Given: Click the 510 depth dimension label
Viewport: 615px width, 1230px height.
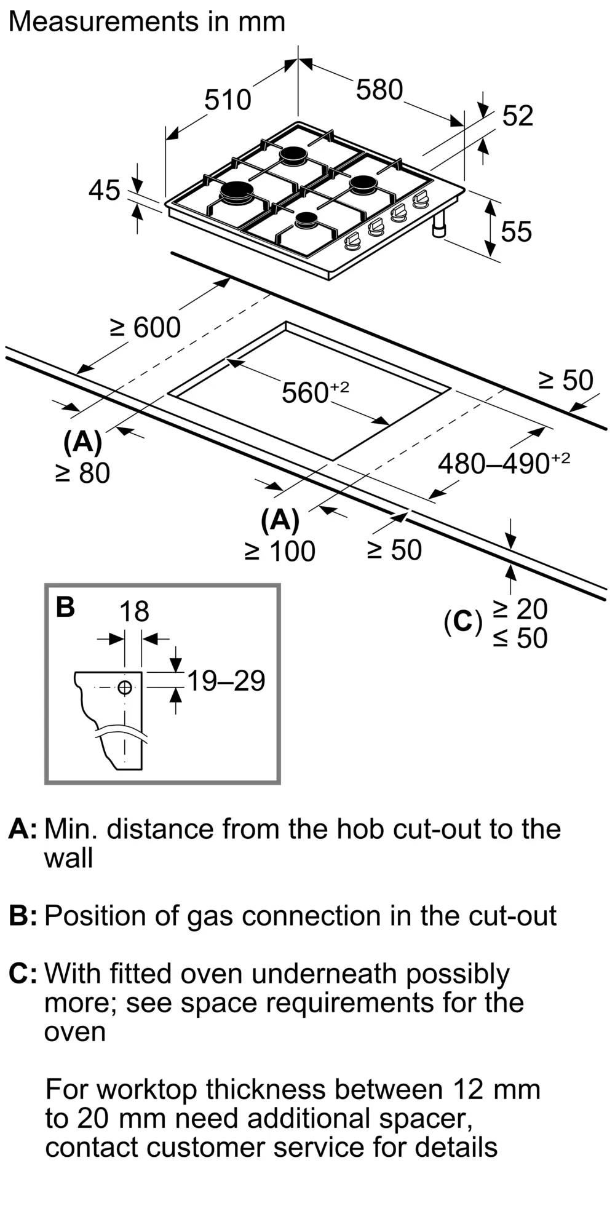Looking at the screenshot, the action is [228, 100].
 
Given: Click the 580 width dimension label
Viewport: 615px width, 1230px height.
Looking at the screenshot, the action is [379, 90].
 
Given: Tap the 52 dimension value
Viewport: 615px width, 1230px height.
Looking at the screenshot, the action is [518, 116].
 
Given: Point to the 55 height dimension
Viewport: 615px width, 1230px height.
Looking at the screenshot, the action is [516, 232].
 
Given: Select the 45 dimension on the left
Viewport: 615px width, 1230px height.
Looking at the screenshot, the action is [104, 191].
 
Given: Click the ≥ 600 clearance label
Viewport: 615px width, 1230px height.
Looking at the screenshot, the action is [146, 327].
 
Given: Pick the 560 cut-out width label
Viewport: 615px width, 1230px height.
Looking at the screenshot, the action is [315, 392].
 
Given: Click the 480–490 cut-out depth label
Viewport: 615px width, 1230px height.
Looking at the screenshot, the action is [504, 463].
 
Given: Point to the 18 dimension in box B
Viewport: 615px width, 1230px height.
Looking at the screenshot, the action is [134, 611].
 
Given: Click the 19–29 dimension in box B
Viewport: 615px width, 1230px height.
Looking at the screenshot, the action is [226, 681].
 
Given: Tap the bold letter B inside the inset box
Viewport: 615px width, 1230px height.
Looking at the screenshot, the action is [65, 607].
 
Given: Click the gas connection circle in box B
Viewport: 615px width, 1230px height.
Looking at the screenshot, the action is [125, 687].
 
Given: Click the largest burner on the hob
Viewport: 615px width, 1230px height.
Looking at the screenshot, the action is [237, 192].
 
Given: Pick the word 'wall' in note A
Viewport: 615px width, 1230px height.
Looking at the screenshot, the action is [68, 858].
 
